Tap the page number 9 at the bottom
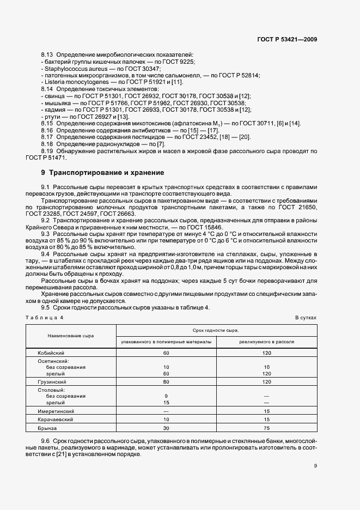coord(315,465)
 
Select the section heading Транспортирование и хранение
coord(106,173)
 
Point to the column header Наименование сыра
coord(71,336)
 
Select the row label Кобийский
coord(48,353)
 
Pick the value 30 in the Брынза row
coord(166,428)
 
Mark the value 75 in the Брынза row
coord(267,428)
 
